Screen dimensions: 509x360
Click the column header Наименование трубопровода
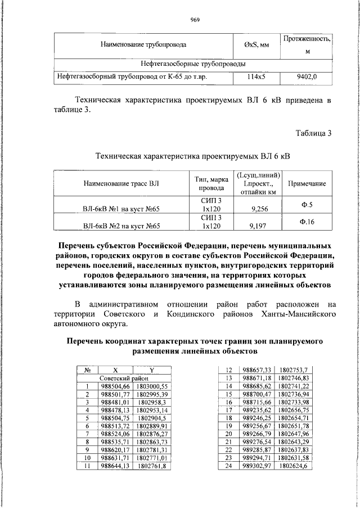143,43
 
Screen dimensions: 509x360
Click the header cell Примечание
307,184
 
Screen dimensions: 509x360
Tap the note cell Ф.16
307,222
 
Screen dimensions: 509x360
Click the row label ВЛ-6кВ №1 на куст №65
121,209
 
